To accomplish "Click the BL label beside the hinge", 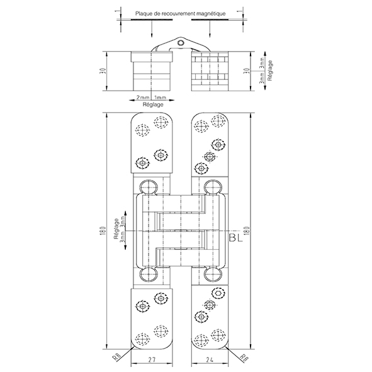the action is [236, 238].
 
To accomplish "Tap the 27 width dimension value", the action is [152, 359].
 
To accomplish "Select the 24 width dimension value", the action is [210, 359].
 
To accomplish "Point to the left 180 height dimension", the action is [103, 230].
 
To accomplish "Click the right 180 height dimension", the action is [247, 231].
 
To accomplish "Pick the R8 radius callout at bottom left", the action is [116, 357].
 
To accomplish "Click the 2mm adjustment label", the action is [143, 98].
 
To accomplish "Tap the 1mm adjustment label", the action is [161, 98].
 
